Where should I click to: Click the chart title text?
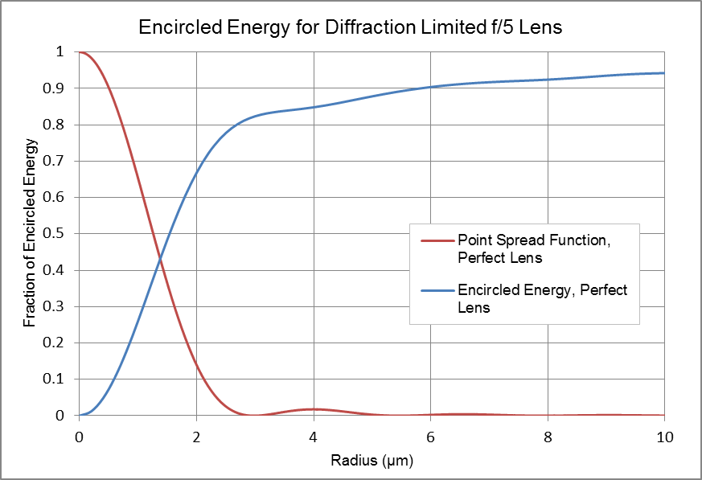tap(350, 27)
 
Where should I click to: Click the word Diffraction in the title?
tap(370, 27)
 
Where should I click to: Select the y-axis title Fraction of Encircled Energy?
tap(30, 233)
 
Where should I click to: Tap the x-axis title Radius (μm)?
tap(372, 460)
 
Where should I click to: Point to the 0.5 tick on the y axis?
tap(53, 234)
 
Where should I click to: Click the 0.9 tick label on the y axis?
tap(53, 88)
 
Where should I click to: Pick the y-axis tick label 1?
tap(60, 52)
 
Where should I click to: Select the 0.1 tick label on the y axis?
tap(53, 379)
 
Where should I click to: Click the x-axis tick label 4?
tap(314, 437)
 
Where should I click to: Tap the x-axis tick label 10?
tap(665, 437)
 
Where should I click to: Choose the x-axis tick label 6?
tap(431, 437)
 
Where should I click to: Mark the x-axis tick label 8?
tap(548, 437)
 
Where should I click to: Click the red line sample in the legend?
tap(437, 241)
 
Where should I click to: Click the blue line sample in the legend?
tap(437, 291)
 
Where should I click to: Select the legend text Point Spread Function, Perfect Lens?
tap(534, 249)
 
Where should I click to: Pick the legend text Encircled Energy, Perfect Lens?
tap(542, 298)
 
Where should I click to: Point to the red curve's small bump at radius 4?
tap(314, 409)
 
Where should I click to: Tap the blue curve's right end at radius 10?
tap(664, 73)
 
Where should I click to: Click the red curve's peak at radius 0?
tap(80, 52)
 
